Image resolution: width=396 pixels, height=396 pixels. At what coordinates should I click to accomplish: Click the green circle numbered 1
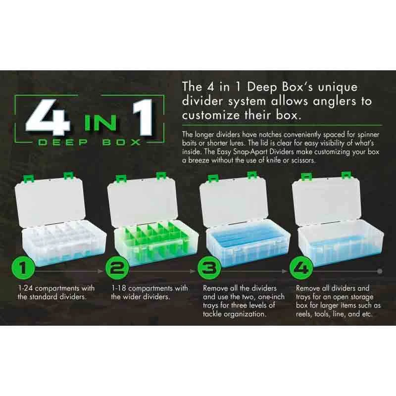click(x=23, y=268)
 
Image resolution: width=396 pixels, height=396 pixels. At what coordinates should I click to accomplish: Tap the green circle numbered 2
click(x=117, y=268)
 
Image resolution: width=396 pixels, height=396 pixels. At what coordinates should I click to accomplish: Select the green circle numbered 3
click(x=209, y=268)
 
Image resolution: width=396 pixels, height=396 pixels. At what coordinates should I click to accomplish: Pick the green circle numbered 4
click(x=301, y=268)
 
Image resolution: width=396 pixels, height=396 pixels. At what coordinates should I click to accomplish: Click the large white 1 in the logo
click(x=143, y=117)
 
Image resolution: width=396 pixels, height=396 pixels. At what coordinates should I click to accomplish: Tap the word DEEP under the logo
click(x=63, y=142)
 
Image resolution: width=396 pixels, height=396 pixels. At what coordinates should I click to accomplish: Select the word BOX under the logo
click(x=121, y=142)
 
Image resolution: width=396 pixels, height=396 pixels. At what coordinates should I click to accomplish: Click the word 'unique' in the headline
click(x=338, y=88)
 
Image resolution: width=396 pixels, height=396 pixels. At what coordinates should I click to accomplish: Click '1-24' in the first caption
click(x=26, y=288)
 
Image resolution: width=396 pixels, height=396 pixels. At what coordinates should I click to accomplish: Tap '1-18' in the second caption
click(x=119, y=288)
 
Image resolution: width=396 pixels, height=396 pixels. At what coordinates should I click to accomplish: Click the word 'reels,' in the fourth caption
click(x=304, y=314)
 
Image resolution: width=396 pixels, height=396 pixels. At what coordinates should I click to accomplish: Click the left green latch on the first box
click(x=30, y=179)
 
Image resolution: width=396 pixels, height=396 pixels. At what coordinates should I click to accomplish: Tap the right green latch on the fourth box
click(x=346, y=175)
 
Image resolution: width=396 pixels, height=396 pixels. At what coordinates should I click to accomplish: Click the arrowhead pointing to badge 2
click(x=101, y=271)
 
